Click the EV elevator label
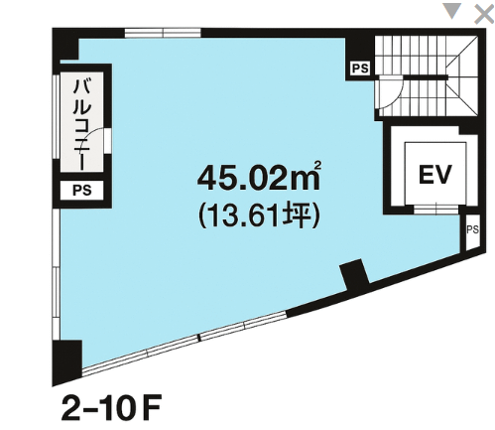[x=434, y=174]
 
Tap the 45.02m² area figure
[x=259, y=178]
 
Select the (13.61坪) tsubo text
[x=259, y=215]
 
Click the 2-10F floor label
[x=111, y=407]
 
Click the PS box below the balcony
[x=82, y=191]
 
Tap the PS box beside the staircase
[x=360, y=69]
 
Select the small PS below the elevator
[x=472, y=232]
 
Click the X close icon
[x=484, y=14]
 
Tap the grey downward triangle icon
[x=451, y=11]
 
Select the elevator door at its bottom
[x=436, y=210]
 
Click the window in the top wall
[x=163, y=33]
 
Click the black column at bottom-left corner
[x=67, y=360]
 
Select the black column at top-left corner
[x=65, y=44]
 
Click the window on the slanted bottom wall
[x=184, y=341]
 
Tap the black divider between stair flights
[x=426, y=77]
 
